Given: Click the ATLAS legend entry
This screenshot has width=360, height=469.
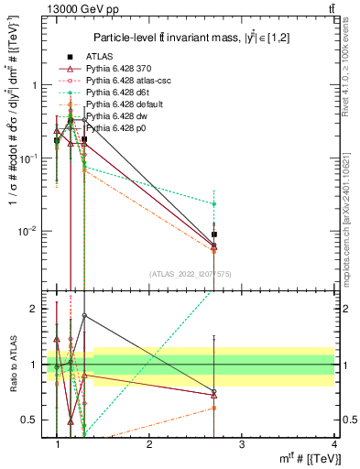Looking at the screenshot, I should (x=99, y=56).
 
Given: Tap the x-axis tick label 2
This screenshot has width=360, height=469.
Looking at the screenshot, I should (x=149, y=444).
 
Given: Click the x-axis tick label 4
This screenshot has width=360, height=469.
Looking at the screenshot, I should (x=333, y=444).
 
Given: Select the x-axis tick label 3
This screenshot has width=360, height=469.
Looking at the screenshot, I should (x=241, y=444).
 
